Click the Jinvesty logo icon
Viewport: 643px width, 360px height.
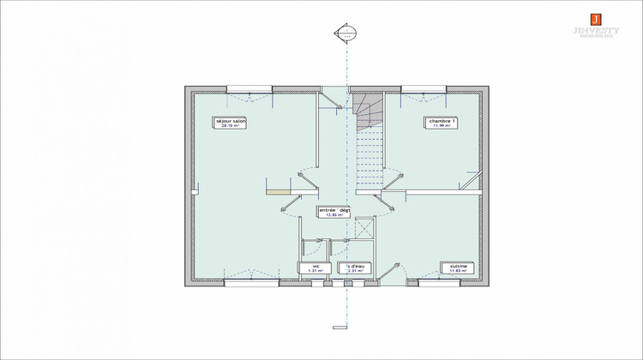[x=595, y=18]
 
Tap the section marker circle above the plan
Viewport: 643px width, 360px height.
[x=346, y=34]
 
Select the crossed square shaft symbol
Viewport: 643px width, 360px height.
[x=364, y=229]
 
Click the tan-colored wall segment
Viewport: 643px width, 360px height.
[x=278, y=192]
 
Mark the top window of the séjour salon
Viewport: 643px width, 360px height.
[x=249, y=89]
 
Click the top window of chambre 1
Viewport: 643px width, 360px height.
[x=423, y=89]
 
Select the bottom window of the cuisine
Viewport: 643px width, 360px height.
[x=441, y=282]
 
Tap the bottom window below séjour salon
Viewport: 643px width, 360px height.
[x=248, y=282]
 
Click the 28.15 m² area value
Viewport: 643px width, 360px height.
[x=231, y=128]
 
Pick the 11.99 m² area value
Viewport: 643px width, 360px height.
[x=442, y=128]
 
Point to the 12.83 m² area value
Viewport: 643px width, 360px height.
[x=334, y=216]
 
